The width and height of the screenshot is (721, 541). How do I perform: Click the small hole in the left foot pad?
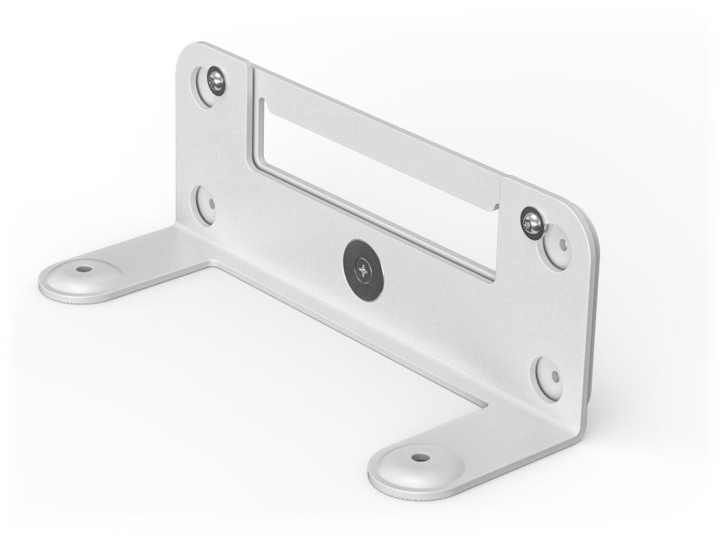pos(82,270)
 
